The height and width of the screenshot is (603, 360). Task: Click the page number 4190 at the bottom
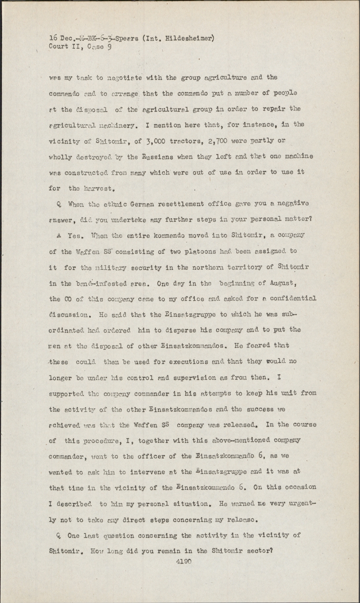click(x=183, y=562)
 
